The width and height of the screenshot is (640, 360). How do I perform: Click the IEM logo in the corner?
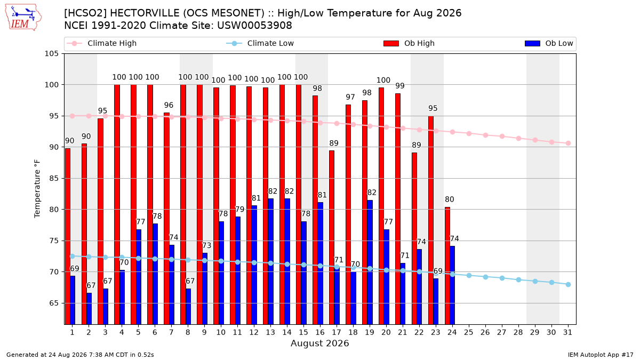click(x=23, y=18)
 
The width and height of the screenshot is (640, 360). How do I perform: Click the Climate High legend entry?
click(x=102, y=43)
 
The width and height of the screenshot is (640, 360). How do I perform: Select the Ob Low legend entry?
click(x=549, y=43)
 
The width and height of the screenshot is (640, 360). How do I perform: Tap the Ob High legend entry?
click(x=409, y=43)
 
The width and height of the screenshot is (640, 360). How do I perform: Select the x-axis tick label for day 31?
click(x=567, y=332)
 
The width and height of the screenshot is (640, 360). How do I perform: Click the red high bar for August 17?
click(x=332, y=237)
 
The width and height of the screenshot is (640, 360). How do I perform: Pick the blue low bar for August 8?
click(x=188, y=307)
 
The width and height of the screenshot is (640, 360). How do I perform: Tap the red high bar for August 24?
click(x=447, y=266)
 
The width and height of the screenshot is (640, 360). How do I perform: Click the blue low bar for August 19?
click(x=370, y=262)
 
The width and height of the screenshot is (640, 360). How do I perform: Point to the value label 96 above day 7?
click(x=169, y=105)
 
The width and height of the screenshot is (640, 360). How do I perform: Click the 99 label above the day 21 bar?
click(x=400, y=86)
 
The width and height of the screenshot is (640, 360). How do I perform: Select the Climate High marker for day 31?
click(x=568, y=143)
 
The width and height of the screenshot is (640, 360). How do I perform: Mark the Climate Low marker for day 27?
click(x=502, y=278)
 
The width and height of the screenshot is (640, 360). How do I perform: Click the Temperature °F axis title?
click(x=37, y=189)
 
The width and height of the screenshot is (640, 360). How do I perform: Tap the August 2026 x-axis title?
click(x=319, y=343)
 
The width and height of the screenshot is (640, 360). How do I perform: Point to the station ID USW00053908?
click(x=254, y=26)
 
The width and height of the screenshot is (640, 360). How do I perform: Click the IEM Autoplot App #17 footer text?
click(x=601, y=355)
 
